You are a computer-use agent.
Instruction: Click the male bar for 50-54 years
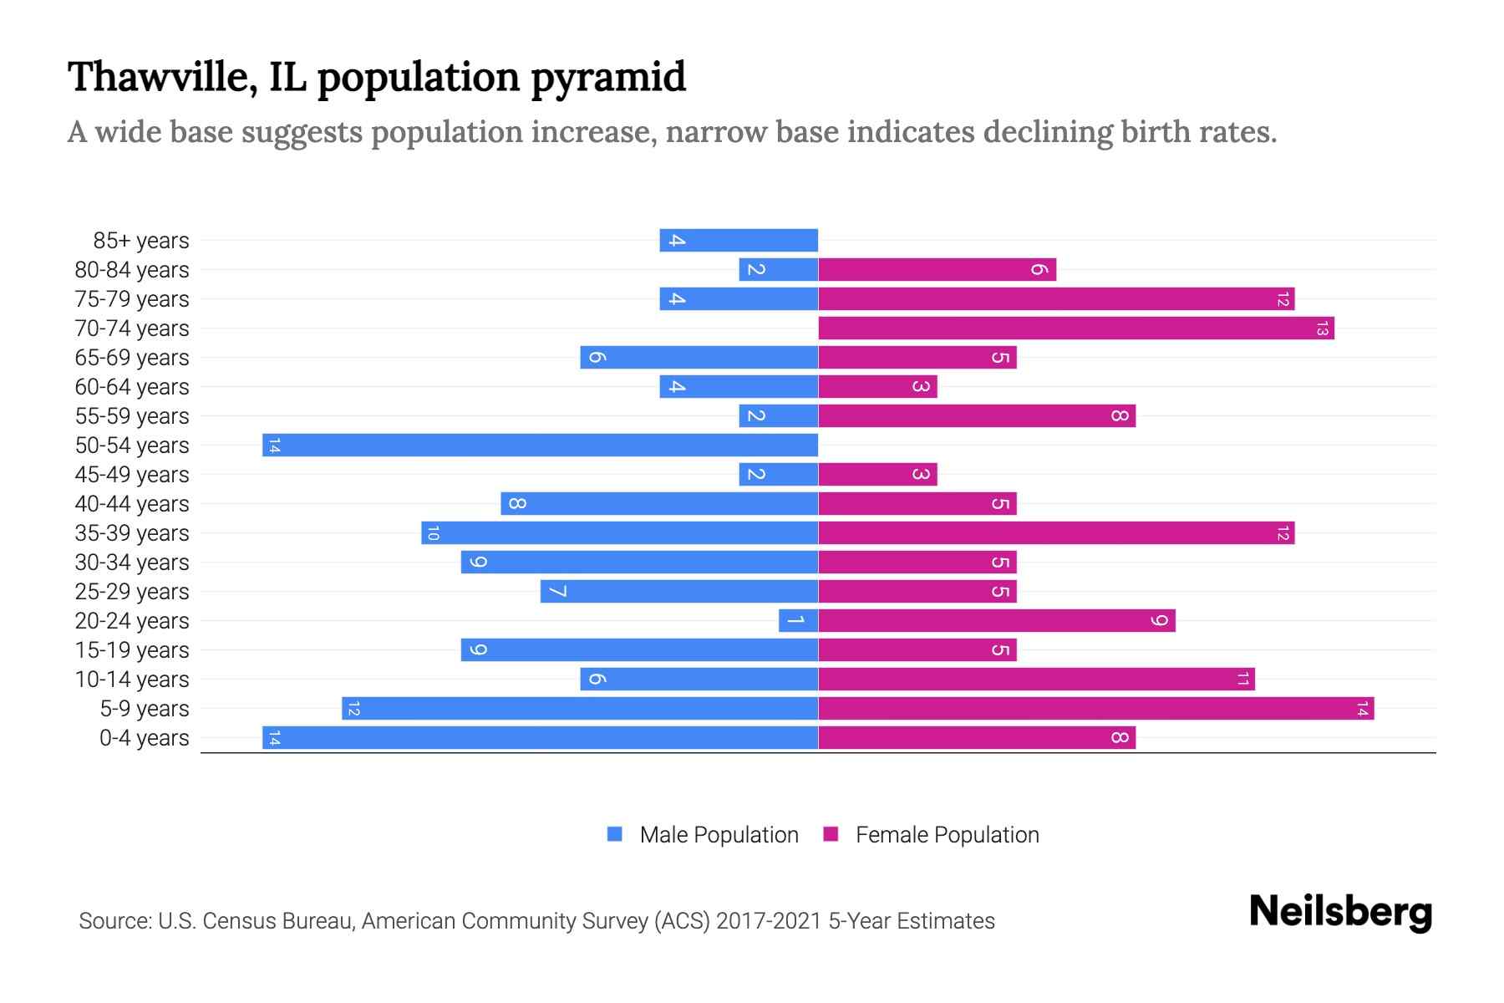[x=540, y=445]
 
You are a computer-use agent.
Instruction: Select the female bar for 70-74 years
[x=1076, y=328]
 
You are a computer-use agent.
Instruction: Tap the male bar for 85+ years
[x=739, y=240]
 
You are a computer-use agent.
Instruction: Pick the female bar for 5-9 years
[x=1096, y=708]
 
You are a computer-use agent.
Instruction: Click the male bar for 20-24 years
[x=798, y=620]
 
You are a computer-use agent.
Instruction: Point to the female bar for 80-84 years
[x=937, y=269]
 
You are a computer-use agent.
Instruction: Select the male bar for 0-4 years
[x=540, y=737]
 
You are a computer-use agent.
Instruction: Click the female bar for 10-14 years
[x=1036, y=679]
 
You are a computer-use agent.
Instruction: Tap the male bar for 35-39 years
[x=619, y=532]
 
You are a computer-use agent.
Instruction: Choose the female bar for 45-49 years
[x=877, y=474]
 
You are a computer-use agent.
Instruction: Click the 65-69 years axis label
[x=132, y=358]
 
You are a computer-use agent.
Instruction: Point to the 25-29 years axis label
[x=132, y=592]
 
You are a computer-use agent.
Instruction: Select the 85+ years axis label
[x=141, y=241]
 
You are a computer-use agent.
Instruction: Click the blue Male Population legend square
[x=615, y=834]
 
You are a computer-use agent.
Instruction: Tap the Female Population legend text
[x=947, y=834]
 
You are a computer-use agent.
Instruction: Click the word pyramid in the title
[x=608, y=77]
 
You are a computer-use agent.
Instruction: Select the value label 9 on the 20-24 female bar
[x=1159, y=620]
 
